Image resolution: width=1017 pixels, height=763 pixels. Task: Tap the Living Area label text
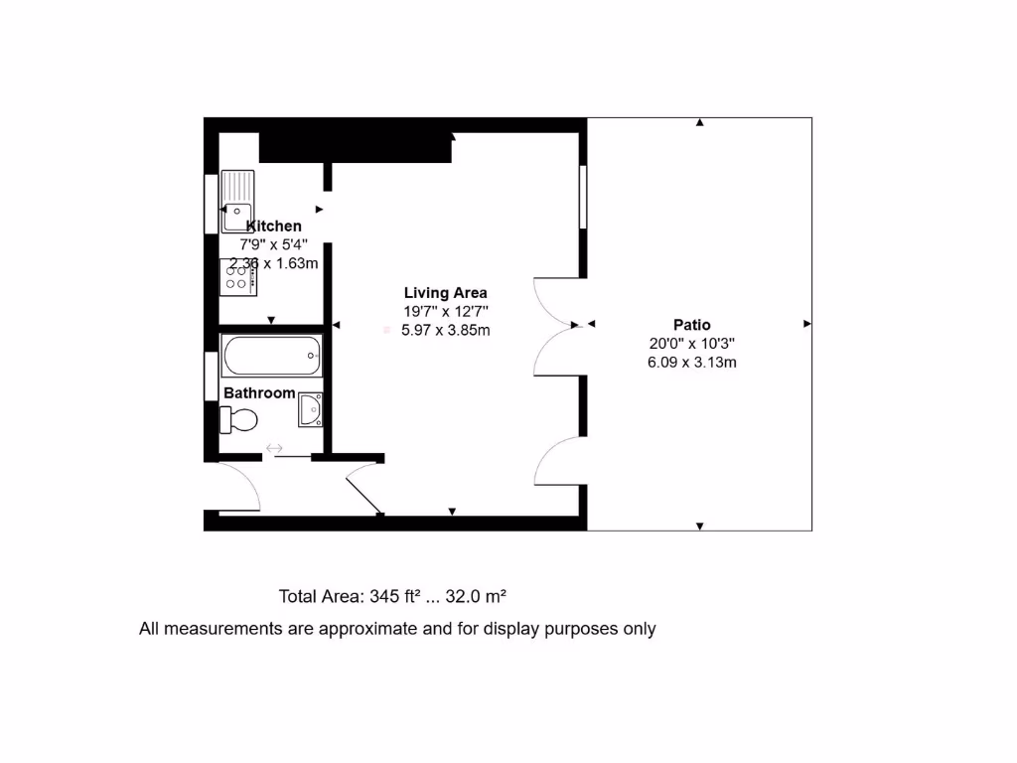tap(445, 292)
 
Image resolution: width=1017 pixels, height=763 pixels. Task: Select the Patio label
tap(691, 324)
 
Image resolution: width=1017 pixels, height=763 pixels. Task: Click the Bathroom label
tap(259, 392)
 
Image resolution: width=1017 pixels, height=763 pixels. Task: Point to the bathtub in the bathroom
tap(272, 356)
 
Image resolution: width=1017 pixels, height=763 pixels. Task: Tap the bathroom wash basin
tap(311, 409)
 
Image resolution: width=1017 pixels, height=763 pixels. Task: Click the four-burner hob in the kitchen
tap(238, 277)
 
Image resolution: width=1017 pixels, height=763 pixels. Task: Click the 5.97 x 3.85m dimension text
tap(445, 330)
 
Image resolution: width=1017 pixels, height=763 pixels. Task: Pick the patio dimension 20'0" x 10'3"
tap(691, 343)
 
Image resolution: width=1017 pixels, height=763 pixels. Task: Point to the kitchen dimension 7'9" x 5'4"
tap(273, 244)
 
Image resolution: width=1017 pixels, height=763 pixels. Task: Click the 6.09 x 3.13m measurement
tap(691, 362)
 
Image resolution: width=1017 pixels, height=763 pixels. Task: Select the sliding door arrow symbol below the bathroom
tap(275, 449)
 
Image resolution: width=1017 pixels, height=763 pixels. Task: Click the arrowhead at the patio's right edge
tap(806, 324)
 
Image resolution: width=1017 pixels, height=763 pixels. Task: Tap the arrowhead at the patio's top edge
tap(700, 123)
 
